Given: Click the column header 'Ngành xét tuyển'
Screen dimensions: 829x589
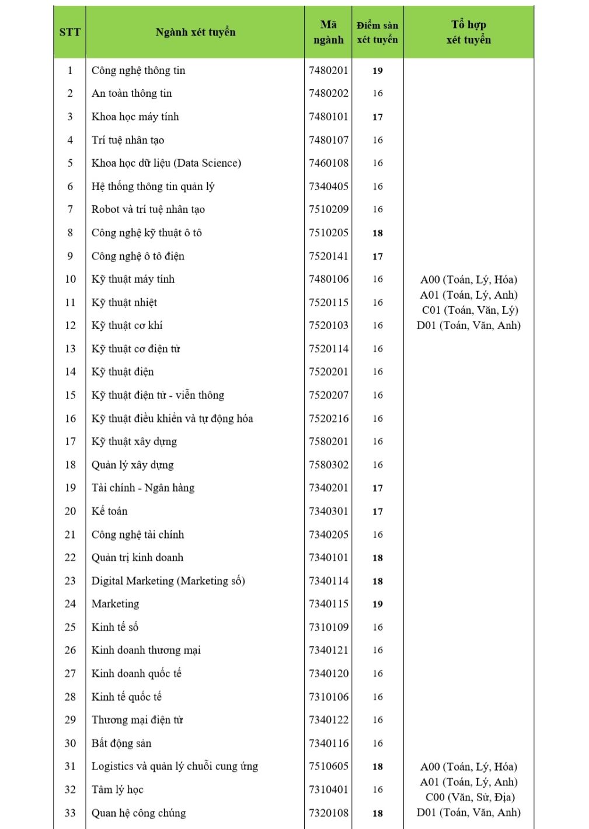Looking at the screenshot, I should tap(195, 32).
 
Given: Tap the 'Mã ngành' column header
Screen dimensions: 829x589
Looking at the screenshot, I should tap(328, 32).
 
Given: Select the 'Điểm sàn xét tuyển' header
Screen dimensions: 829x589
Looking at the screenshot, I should tap(377, 33).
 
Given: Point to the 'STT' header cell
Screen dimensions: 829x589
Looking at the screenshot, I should tap(69, 32).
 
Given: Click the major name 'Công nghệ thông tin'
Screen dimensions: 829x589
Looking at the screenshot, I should tap(138, 71).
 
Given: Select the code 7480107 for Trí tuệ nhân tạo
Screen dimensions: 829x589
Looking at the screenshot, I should tap(329, 140).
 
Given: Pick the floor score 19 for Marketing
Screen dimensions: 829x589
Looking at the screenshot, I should tap(378, 604).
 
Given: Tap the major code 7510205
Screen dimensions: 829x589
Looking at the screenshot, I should tap(329, 233).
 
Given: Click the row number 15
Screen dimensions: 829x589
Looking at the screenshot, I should tap(70, 395).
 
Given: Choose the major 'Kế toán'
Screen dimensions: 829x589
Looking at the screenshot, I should tap(109, 511).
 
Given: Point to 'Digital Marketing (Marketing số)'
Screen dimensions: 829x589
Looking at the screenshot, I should tap(168, 580).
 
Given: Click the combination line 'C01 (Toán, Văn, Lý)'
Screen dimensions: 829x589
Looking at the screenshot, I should tap(469, 310).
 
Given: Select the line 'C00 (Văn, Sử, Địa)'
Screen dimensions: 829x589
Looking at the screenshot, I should tap(469, 797).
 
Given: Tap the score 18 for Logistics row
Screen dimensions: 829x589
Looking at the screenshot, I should tap(378, 767).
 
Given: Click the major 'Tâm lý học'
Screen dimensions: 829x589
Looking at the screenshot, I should tap(117, 789).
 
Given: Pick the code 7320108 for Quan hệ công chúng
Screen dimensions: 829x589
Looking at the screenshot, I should tap(329, 813).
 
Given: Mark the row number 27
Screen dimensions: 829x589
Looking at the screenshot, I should tap(70, 673).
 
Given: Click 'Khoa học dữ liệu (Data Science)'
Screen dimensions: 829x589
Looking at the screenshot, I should tap(166, 163).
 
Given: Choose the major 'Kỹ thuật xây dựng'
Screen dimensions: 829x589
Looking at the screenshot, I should tap(134, 442).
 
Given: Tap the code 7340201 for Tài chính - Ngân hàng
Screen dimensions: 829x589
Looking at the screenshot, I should tap(329, 488).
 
